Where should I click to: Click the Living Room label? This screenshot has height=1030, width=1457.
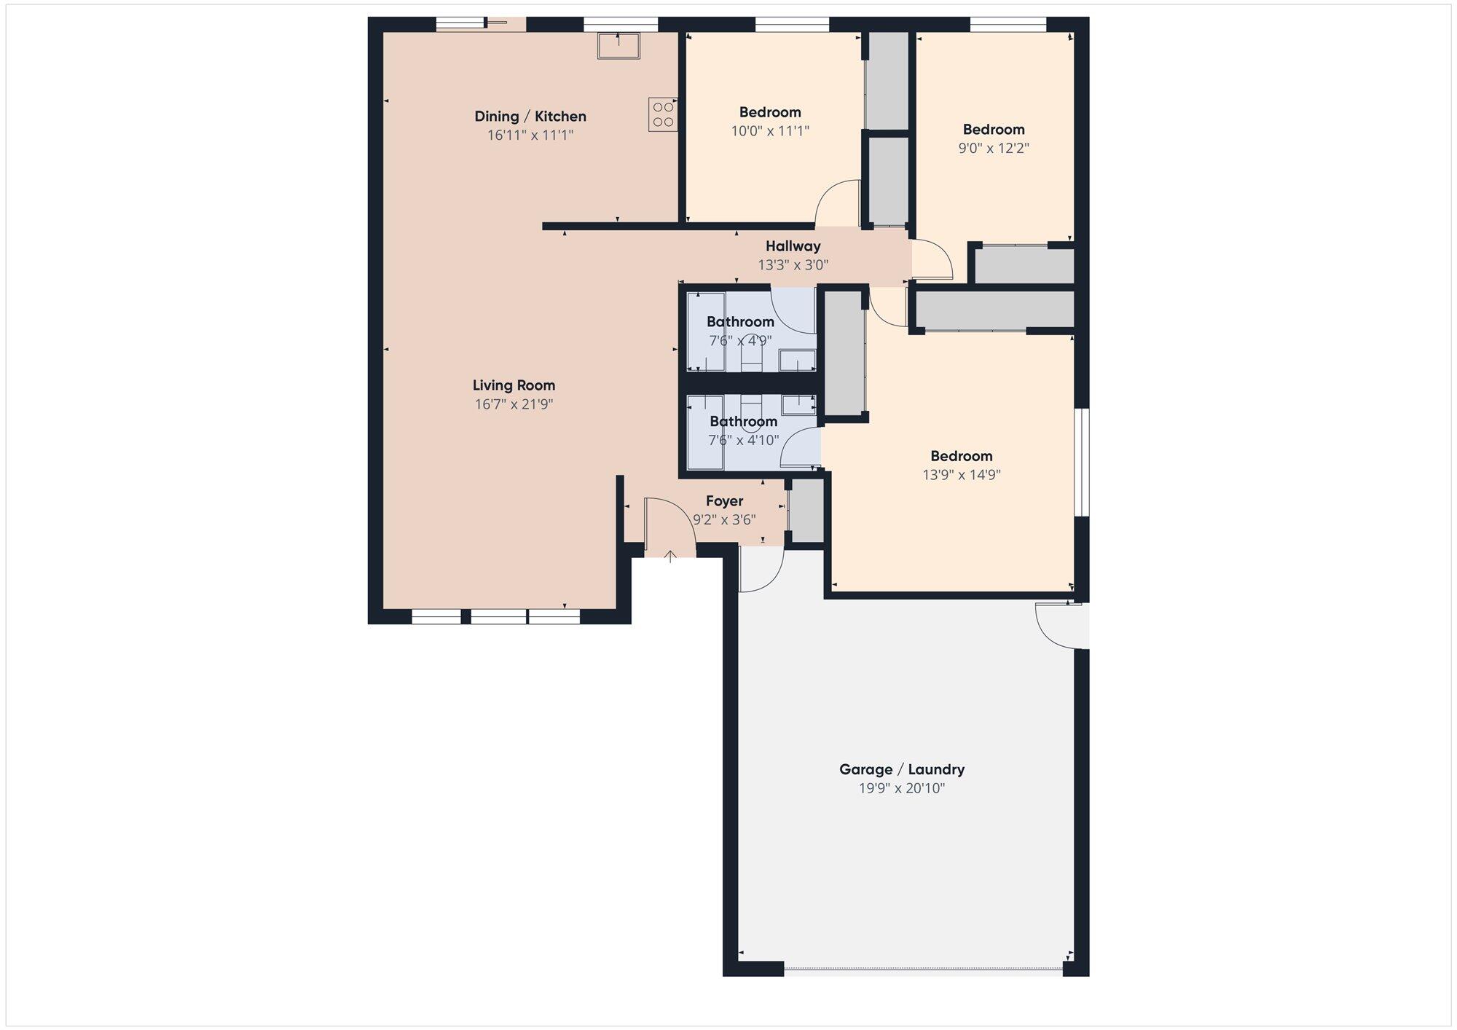point(514,385)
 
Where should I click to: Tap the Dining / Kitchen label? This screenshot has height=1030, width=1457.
point(530,117)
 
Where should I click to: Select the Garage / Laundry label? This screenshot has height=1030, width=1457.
point(902,769)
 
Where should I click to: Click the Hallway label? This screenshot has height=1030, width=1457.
point(793,246)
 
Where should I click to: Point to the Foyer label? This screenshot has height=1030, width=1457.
point(724,501)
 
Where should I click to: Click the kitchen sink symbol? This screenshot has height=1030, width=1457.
point(618,45)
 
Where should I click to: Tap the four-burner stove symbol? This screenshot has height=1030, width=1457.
point(663,115)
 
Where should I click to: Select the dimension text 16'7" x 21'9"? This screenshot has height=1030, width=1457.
point(514,404)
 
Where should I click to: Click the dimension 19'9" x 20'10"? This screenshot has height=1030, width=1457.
point(902,788)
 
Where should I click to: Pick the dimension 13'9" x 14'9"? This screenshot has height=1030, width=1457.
point(962,475)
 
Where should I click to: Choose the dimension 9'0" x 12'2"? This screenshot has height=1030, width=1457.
point(994,149)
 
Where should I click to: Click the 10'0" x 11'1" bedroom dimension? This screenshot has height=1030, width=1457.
point(770,131)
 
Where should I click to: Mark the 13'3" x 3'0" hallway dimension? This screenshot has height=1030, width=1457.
point(793,265)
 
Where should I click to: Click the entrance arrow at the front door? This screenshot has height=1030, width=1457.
point(670,557)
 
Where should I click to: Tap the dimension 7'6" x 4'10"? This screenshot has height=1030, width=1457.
point(743,441)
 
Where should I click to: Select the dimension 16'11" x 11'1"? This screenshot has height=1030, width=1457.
point(530,135)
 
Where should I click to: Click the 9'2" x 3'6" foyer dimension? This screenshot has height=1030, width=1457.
point(724,520)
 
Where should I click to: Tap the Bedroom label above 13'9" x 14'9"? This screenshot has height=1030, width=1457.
point(962,456)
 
